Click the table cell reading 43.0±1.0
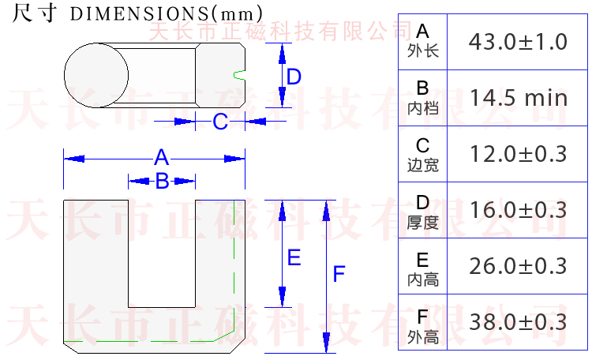[518, 42]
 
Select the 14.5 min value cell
[518, 98]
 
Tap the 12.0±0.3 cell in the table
[518, 154]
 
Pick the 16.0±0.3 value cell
[518, 210]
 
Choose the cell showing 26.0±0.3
[518, 266]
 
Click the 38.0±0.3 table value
[518, 322]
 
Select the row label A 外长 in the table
[422, 42]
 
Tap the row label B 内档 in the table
[422, 98]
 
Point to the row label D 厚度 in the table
[422, 211]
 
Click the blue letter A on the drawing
[161, 157]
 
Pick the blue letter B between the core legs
[162, 182]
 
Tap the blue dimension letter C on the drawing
[221, 122]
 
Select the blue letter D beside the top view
[294, 77]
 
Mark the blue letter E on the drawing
[294, 258]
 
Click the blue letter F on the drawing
[339, 275]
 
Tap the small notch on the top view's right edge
[239, 75]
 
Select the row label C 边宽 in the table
[422, 154]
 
